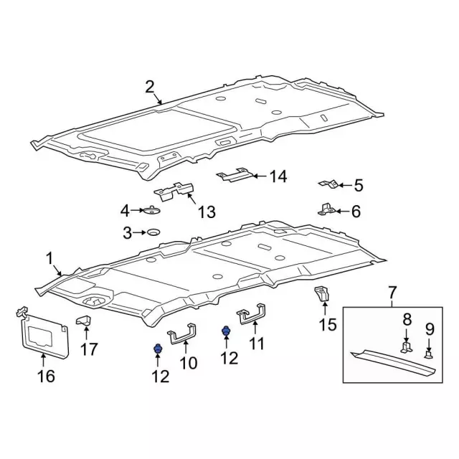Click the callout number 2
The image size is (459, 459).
pos(150,87)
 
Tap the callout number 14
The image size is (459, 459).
pos(278,176)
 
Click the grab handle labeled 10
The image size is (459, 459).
pos(181,334)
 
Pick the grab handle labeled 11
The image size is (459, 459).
pos(251,314)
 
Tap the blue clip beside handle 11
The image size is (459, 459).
pos(226,331)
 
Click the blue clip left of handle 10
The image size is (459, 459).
pos(158,349)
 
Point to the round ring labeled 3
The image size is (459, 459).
pos(153,232)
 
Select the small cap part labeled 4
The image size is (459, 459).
pos(151,210)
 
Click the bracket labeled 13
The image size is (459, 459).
pos(174,191)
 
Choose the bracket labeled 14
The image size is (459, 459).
pos(235,175)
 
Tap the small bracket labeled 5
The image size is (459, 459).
pos(328,184)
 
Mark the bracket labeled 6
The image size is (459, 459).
pos(326,209)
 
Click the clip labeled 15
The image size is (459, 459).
pos(322,293)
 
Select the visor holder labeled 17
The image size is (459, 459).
pos(84,320)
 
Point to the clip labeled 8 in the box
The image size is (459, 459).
pos(407,346)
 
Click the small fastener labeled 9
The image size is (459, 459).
pos(429,356)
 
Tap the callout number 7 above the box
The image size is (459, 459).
pos(392,293)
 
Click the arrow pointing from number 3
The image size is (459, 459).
pos(139,232)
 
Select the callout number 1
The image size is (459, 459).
pos(49,259)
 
